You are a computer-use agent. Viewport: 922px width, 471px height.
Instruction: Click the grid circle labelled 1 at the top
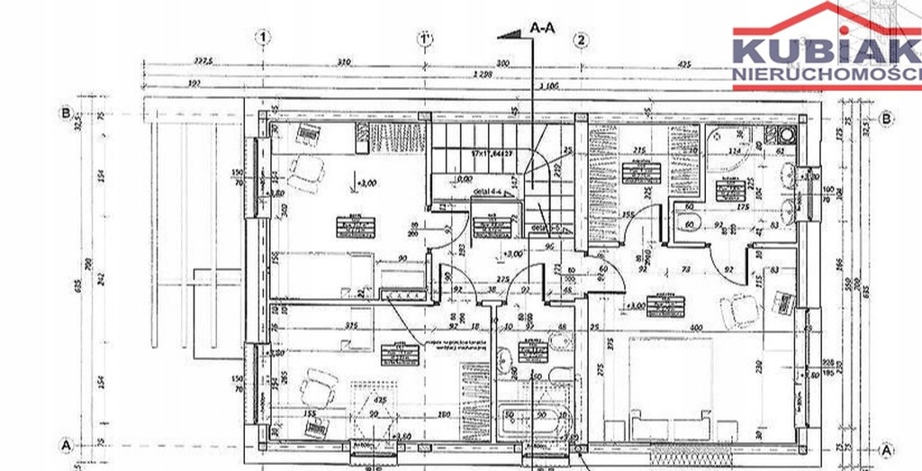tap(263, 38)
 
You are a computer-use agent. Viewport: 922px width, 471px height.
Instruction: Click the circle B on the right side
tap(887, 118)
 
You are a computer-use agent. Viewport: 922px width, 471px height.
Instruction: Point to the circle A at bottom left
tap(65, 445)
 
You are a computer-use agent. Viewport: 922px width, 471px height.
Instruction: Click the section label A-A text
tap(543, 29)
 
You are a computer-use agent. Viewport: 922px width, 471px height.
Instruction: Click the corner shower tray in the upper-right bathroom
tap(730, 140)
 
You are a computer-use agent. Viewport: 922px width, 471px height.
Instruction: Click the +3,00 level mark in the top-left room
tap(365, 184)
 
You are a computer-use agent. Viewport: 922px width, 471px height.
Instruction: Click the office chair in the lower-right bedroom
tap(741, 311)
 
